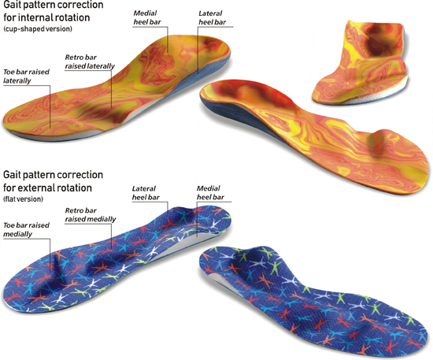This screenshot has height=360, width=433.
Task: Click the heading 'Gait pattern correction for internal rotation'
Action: (54, 11)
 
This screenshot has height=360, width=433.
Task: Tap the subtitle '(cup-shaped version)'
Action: (38, 28)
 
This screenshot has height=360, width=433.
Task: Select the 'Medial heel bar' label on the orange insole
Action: (147, 17)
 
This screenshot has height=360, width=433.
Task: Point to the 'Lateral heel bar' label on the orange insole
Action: (212, 17)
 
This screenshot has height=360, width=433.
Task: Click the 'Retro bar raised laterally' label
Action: (90, 61)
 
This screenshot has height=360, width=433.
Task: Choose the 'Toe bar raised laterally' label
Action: (26, 76)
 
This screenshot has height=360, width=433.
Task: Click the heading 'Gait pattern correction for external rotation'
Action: (53, 181)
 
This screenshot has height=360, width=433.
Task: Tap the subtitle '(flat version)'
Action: (23, 199)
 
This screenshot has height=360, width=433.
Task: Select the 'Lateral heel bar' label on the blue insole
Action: (146, 193)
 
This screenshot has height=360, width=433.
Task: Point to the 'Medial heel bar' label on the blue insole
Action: (210, 192)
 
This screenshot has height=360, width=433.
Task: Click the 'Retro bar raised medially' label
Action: (91, 215)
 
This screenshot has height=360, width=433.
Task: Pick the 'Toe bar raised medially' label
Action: (26, 229)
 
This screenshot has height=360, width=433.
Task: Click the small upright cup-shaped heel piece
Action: (361, 62)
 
